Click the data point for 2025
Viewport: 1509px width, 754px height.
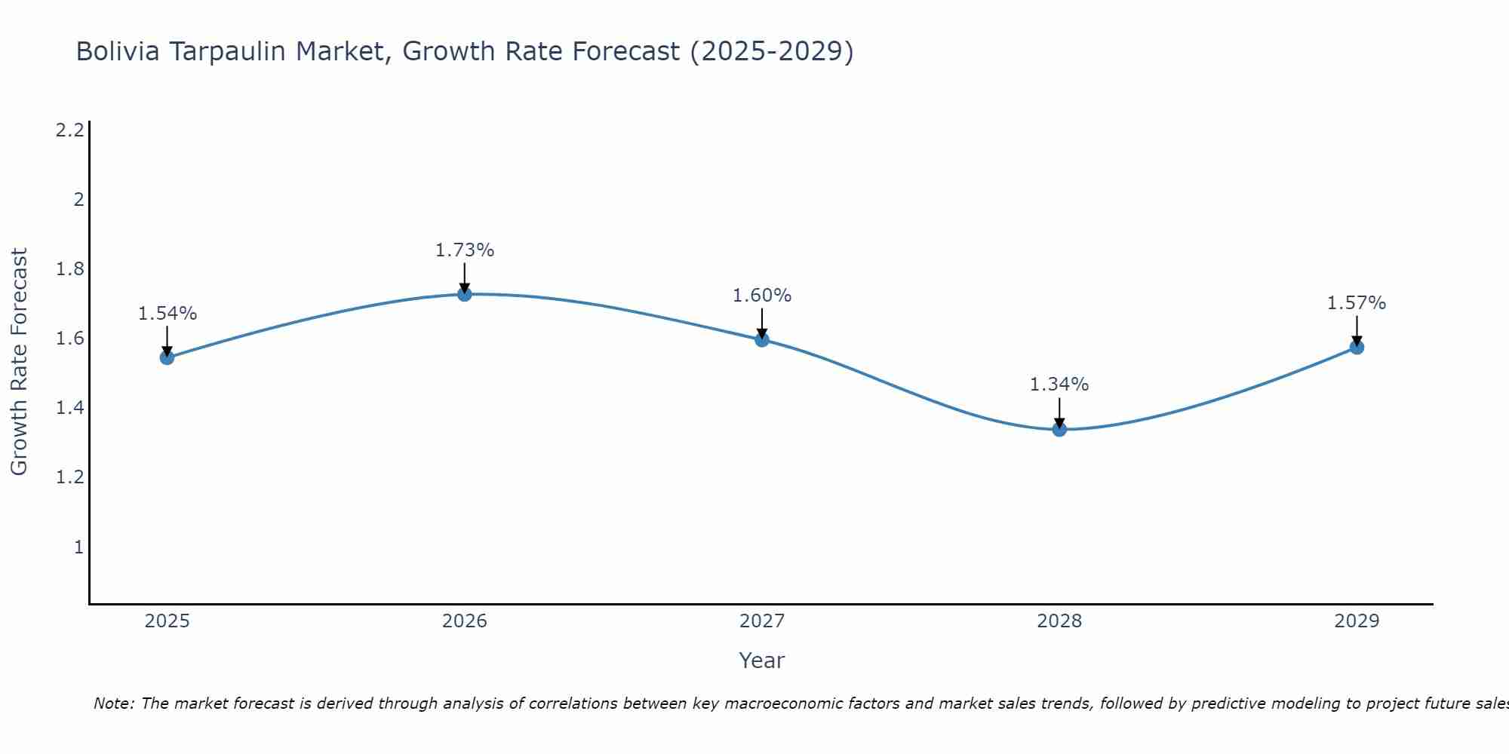click(167, 357)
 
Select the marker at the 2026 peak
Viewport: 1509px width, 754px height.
click(465, 294)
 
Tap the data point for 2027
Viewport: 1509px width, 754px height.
click(762, 340)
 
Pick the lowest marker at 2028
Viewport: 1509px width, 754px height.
click(1059, 430)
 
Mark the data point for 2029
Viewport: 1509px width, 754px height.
click(1357, 348)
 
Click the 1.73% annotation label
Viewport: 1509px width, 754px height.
click(465, 250)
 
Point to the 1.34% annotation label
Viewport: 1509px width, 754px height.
click(1059, 385)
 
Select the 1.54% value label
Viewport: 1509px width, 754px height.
click(167, 314)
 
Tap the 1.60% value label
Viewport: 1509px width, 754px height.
click(762, 296)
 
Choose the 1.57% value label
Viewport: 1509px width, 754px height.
click(1357, 303)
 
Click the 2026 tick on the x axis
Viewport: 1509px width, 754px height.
click(465, 621)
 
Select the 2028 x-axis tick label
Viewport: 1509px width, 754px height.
click(1059, 621)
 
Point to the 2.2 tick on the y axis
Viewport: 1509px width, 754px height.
click(69, 130)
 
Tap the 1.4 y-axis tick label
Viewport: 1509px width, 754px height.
click(69, 408)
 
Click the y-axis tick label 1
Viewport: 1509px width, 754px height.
click(78, 547)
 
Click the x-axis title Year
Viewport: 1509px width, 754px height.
click(762, 661)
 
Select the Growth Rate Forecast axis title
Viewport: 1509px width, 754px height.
click(19, 362)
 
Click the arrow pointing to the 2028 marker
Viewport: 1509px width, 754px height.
click(1059, 412)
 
